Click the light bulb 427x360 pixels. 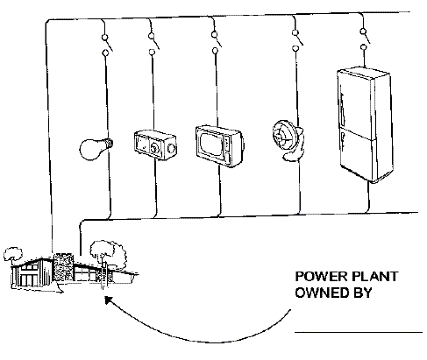point(96,149)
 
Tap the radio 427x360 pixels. point(155,145)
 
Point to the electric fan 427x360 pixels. point(288,140)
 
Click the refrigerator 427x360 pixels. point(365,124)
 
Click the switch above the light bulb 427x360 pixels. point(106,45)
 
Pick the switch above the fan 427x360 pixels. point(297,40)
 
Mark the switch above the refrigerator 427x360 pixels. point(365,39)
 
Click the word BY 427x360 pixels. point(363,293)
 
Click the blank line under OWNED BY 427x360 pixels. point(359,332)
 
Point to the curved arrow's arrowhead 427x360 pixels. point(108,300)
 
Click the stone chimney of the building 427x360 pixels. point(64,268)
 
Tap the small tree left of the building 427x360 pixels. point(12,254)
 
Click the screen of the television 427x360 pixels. point(211,144)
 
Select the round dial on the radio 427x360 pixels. point(154,147)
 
